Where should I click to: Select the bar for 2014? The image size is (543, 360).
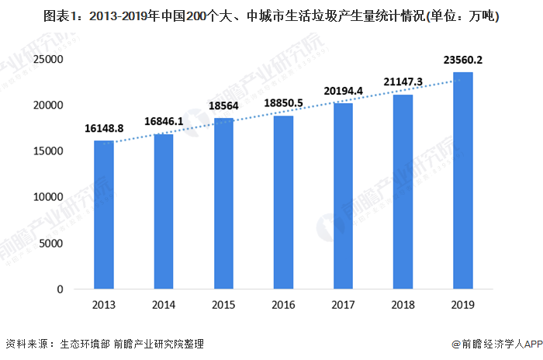point(164,212)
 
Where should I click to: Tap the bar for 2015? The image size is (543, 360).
point(223,204)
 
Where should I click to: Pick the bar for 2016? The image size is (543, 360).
point(283,202)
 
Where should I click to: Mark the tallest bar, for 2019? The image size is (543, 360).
point(462,181)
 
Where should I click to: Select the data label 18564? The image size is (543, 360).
point(223,106)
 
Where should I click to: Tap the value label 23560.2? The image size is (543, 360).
point(463,61)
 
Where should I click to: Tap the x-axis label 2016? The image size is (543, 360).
point(283,305)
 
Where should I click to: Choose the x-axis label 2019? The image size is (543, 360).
point(462,305)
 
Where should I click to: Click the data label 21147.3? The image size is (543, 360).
point(402,81)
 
